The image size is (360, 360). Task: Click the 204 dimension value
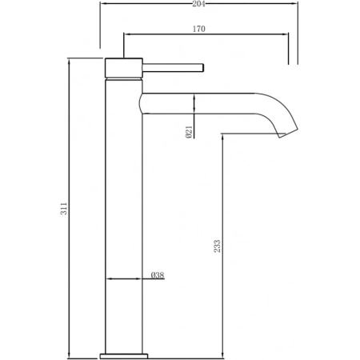(x=198, y=4)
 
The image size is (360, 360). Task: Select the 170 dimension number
(x=199, y=29)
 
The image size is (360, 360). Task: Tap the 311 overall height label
(x=64, y=209)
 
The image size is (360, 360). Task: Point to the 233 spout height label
(x=218, y=246)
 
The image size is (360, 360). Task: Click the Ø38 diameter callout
(x=158, y=275)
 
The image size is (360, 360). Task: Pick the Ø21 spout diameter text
(x=189, y=132)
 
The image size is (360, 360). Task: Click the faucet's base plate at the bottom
(x=124, y=356)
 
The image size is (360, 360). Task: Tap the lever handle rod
(x=174, y=67)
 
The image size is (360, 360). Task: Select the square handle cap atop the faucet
(x=124, y=67)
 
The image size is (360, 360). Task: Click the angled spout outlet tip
(x=289, y=133)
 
